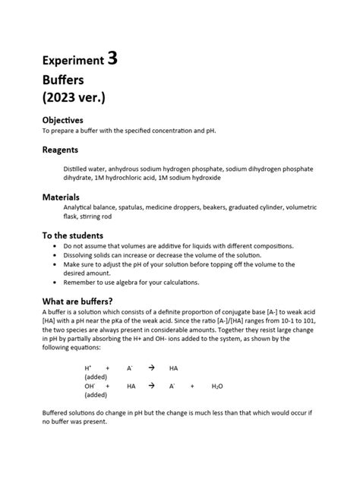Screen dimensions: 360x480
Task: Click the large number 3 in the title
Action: [x=112, y=59]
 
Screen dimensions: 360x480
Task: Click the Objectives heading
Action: [x=63, y=120]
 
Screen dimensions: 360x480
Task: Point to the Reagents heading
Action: [x=60, y=150]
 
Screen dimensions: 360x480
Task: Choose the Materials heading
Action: [x=62, y=197]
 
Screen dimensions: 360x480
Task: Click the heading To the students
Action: [x=72, y=235]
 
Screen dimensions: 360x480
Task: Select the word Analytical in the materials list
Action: [x=80, y=207]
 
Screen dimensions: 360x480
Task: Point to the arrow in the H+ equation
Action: [x=151, y=368]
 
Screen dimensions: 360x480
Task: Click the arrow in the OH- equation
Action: [x=151, y=386]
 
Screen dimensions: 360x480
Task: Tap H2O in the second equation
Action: [x=217, y=386]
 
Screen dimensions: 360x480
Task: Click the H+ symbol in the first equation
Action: [x=87, y=368]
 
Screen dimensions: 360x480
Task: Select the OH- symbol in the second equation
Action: [x=90, y=386]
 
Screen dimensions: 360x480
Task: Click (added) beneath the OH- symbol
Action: [x=96, y=395]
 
